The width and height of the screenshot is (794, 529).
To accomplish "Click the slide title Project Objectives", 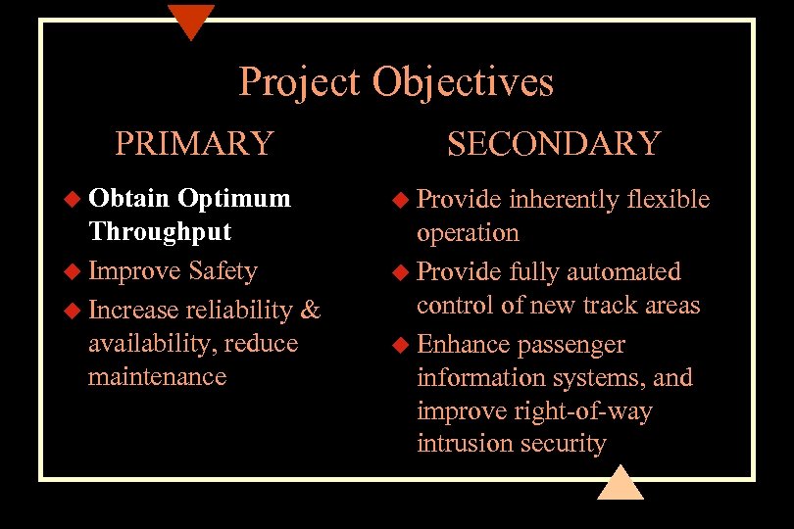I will (396, 82).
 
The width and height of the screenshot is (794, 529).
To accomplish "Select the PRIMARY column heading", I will (194, 143).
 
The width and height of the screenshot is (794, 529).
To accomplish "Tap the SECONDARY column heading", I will (554, 143).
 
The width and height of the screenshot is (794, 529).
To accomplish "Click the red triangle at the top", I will (190, 20).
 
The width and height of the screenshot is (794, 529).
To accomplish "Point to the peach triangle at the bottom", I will (620, 483).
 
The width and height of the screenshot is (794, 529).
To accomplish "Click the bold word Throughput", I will (160, 232).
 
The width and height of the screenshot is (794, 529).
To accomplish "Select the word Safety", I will (223, 270).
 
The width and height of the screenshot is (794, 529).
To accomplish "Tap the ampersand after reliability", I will (311, 310).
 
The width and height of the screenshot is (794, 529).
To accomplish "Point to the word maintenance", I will (157, 376).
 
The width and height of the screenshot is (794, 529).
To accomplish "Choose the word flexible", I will (668, 199).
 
